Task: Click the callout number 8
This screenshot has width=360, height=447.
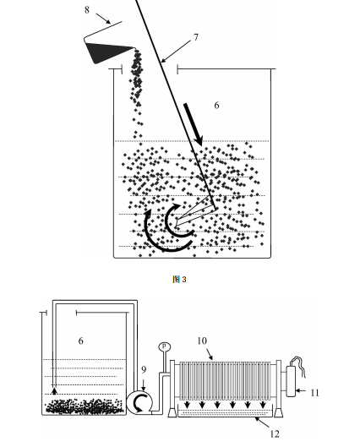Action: pos(87,10)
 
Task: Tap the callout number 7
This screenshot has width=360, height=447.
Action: pos(196,37)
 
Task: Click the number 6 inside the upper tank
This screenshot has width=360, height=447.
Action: pos(216,106)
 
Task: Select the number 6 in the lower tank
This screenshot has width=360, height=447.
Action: pos(80,341)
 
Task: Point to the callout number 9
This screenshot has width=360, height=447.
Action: pos(144,370)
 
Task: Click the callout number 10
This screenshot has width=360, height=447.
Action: pos(202,341)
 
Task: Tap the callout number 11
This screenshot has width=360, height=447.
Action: pos(314,393)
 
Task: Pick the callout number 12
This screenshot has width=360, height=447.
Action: pos(275,433)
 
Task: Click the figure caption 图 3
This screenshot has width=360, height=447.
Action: pos(179,280)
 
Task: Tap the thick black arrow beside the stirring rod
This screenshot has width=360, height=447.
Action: pos(194,124)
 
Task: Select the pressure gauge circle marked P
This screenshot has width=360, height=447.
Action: pos(164,346)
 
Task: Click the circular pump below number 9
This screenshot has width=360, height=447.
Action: pos(139,402)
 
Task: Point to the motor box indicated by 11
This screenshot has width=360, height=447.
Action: pos(291,381)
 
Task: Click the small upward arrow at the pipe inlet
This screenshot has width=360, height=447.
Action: pos(54,391)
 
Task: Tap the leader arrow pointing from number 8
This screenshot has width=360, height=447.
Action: pos(103,19)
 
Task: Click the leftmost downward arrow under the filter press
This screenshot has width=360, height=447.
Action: pos(188,405)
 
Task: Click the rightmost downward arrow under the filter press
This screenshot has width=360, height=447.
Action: pos(263,405)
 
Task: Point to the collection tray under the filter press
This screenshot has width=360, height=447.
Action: pos(225,413)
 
